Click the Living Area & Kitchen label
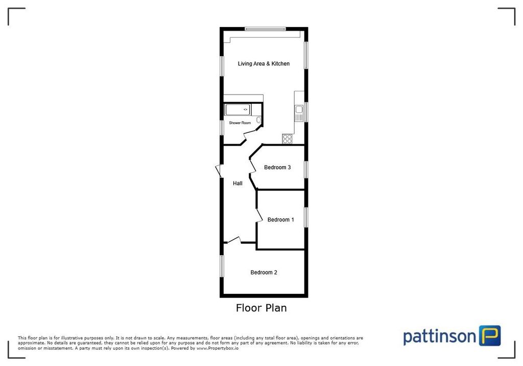pyautogui.click(x=264, y=64)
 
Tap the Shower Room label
pyautogui.click(x=240, y=123)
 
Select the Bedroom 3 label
pyautogui.click(x=277, y=168)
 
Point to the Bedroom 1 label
pyautogui.click(x=280, y=220)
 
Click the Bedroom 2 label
pyautogui.click(x=264, y=272)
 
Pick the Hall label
pyautogui.click(x=237, y=184)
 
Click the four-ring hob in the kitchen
pyautogui.click(x=287, y=138)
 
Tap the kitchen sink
pyautogui.click(x=299, y=109)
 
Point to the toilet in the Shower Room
pyautogui.click(x=259, y=120)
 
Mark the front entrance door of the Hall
pyautogui.click(x=218, y=171)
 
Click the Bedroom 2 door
pyautogui.click(x=234, y=240)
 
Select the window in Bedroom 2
pyautogui.click(x=222, y=266)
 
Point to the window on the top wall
pyautogui.click(x=265, y=29)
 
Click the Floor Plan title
pyautogui.click(x=261, y=308)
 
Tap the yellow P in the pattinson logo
pyautogui.click(x=490, y=336)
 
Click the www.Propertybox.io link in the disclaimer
pyautogui.click(x=217, y=348)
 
